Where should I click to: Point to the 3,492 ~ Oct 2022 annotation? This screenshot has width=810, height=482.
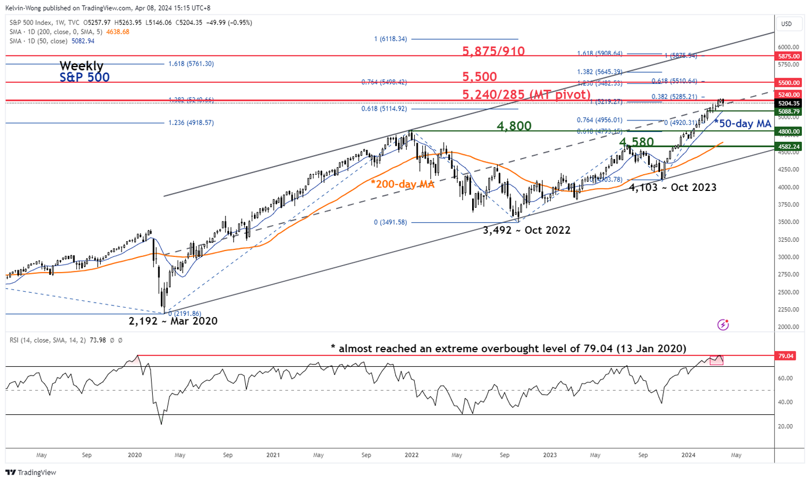[526, 230]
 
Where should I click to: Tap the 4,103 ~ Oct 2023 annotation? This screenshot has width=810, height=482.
[672, 187]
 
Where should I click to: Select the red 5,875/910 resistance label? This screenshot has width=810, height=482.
[494, 51]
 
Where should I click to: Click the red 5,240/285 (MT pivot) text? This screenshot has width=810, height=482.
[526, 94]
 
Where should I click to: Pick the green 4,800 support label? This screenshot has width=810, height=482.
[514, 126]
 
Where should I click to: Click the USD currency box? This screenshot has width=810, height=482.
[787, 24]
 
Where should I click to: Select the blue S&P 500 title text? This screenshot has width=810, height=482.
[84, 76]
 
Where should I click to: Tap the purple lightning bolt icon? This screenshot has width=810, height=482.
[723, 325]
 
